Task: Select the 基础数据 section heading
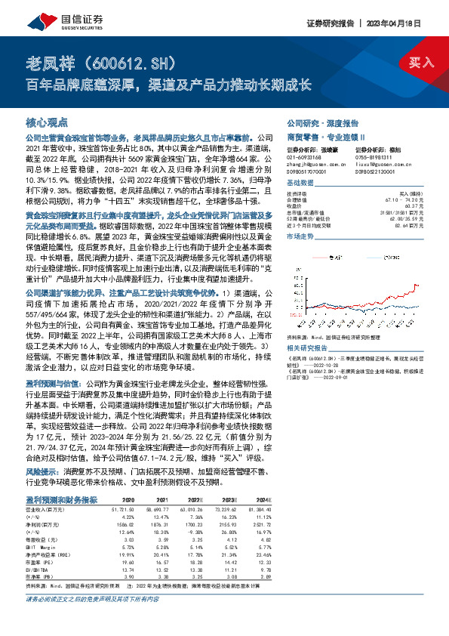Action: click(300, 184)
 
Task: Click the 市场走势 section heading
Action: click(300, 236)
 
